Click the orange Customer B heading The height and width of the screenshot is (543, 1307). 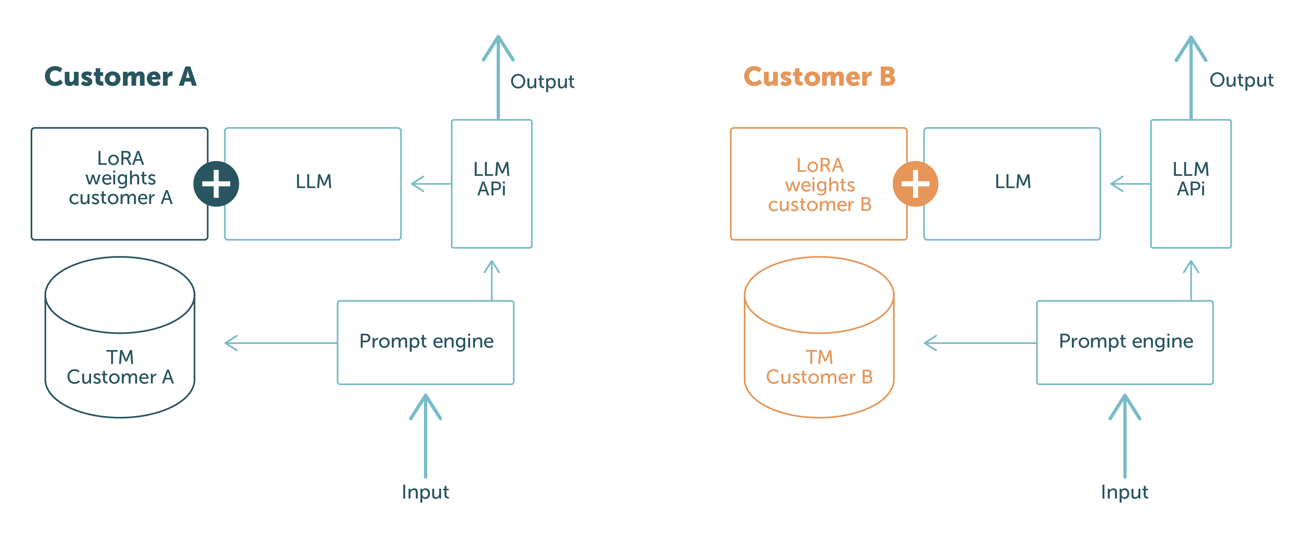[819, 77]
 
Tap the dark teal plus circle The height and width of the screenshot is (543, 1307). [216, 184]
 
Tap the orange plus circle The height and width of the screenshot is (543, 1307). [915, 184]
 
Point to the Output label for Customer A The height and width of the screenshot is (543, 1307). [542, 82]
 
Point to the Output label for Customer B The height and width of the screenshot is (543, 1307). [1241, 80]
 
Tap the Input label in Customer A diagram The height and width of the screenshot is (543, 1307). [425, 492]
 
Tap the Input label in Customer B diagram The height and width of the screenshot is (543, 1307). [1124, 492]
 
